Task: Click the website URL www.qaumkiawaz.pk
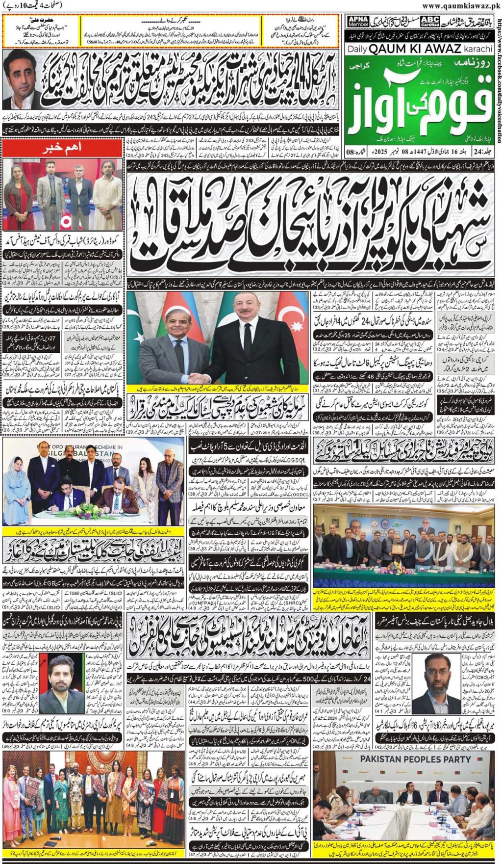click(461, 5)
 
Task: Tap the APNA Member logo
click(358, 21)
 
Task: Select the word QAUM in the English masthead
click(392, 49)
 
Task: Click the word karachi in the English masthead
click(477, 49)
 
